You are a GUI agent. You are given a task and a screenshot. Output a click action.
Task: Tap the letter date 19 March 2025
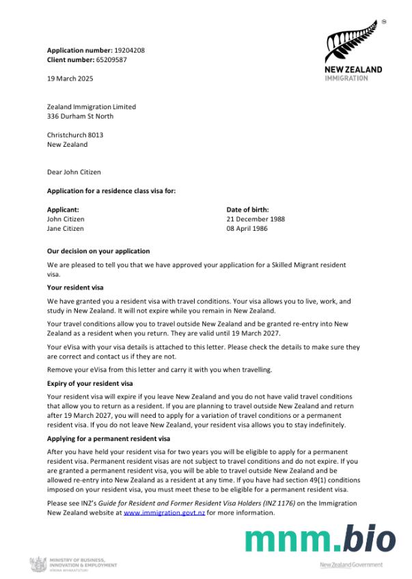pos(70,79)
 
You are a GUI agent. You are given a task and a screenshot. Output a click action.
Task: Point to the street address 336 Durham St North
pos(80,116)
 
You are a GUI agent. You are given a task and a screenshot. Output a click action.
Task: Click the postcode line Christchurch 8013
pos(75,135)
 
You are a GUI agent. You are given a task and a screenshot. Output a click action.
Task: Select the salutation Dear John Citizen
pos(73,172)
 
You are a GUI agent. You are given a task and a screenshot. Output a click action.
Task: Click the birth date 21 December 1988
pos(256,219)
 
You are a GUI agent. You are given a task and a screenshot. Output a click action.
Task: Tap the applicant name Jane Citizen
pos(66,229)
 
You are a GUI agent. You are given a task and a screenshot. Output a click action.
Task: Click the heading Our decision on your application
pos(98,251)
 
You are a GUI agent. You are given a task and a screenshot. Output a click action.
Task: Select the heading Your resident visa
pos(74,288)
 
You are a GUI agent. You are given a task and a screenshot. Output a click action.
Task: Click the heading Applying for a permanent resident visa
pos(109,438)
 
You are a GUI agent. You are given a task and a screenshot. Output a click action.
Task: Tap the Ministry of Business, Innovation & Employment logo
pos(73,565)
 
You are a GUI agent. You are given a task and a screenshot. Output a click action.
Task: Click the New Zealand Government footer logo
pos(351,565)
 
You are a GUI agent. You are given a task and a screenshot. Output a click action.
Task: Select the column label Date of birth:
pos(247,210)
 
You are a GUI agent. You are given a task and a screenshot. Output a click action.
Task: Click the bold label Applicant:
pos(63,210)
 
